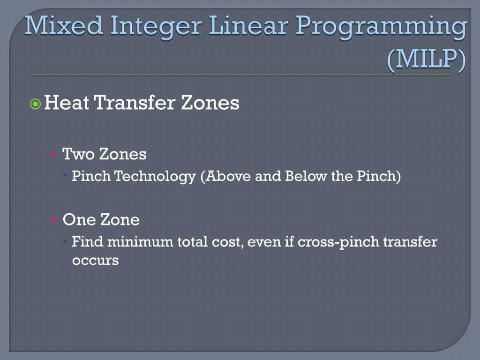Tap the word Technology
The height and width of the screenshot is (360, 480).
point(155,177)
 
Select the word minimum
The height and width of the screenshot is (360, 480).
point(140,242)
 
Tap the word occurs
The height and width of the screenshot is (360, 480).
point(95,260)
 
